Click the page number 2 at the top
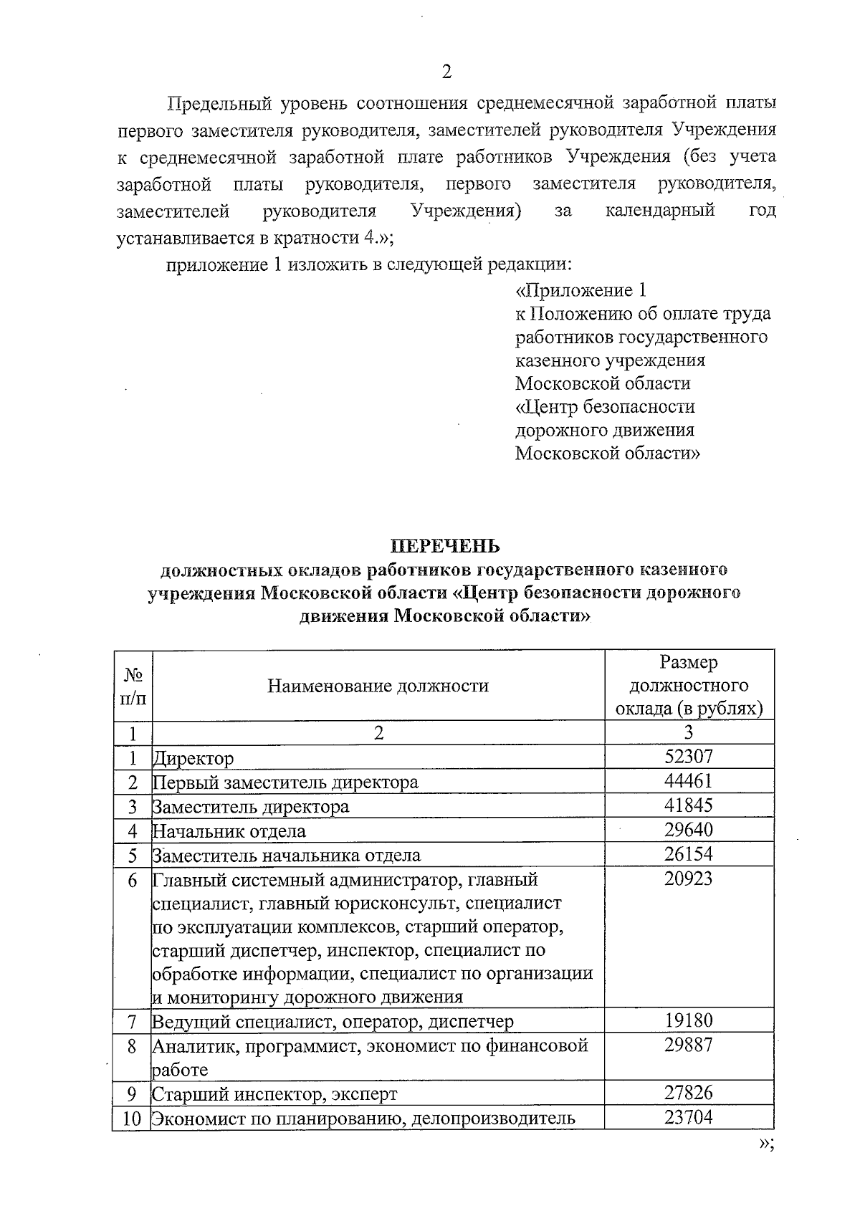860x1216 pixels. [x=446, y=72]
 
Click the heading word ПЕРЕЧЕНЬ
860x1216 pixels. [x=445, y=547]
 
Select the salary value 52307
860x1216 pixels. [x=688, y=757]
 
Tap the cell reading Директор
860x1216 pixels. [x=193, y=758]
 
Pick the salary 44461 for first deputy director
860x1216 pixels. [x=688, y=781]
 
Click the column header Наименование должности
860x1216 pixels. [x=378, y=686]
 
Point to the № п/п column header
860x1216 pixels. [x=133, y=686]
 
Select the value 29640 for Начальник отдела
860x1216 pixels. [x=688, y=830]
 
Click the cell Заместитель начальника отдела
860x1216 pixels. [x=287, y=855]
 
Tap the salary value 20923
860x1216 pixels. [x=688, y=879]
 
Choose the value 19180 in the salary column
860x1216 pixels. [x=688, y=1020]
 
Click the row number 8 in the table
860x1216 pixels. [x=133, y=1045]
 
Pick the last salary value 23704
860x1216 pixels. [x=688, y=1117]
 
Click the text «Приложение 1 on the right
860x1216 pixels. [x=581, y=290]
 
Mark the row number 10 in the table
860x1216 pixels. [x=132, y=1118]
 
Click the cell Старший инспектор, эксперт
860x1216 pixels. [x=274, y=1094]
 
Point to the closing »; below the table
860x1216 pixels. [x=766, y=1144]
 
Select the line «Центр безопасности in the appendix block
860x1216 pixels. [x=605, y=407]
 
